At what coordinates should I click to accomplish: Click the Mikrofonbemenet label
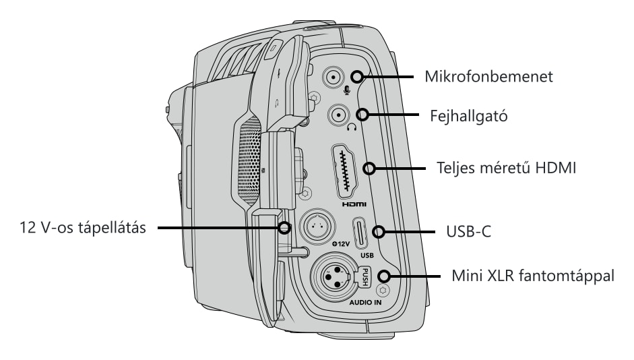(488, 76)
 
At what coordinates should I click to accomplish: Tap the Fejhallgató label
(468, 116)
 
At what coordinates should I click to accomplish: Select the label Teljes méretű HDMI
(506, 167)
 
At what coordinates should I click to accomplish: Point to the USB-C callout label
(469, 231)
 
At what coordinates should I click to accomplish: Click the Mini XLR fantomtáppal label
(532, 276)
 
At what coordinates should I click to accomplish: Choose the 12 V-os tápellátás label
(83, 227)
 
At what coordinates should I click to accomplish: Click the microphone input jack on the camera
(334, 77)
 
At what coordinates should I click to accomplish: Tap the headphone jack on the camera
(338, 115)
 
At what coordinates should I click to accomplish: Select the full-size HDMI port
(344, 171)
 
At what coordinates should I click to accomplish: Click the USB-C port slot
(360, 233)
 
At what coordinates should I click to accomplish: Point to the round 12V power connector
(317, 227)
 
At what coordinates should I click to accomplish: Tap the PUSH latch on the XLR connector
(364, 276)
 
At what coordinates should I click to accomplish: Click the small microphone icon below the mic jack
(347, 90)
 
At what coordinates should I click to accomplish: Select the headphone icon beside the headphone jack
(352, 127)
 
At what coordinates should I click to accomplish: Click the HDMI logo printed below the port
(354, 204)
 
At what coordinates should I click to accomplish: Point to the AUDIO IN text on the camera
(365, 302)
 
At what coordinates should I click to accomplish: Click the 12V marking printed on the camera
(340, 244)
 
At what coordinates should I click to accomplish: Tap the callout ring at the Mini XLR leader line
(384, 276)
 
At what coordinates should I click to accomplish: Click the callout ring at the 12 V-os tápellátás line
(284, 228)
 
